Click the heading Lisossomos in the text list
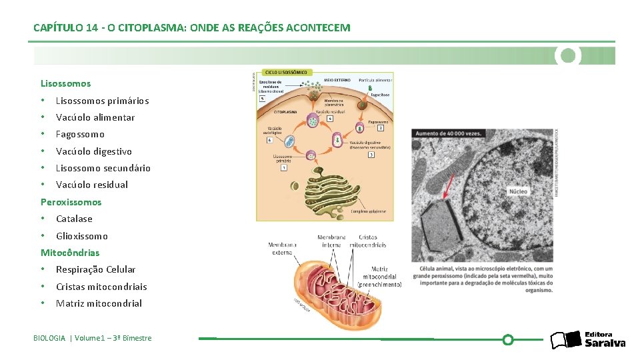point(65,84)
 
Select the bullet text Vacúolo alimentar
point(95,117)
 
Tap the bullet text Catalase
point(74,219)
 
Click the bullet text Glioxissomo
point(81,236)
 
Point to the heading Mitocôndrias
point(70,253)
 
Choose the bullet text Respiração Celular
point(95,269)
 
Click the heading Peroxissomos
point(71,202)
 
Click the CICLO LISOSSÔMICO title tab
point(287,71)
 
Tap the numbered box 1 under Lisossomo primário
point(285,167)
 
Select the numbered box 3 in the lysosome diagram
point(371,155)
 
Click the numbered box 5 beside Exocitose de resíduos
point(262,98)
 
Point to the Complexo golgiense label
point(365,211)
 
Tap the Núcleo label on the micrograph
point(518,191)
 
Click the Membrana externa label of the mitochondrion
point(282,249)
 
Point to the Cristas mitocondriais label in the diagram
point(367,241)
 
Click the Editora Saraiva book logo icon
point(566,340)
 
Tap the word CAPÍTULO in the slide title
point(58,28)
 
